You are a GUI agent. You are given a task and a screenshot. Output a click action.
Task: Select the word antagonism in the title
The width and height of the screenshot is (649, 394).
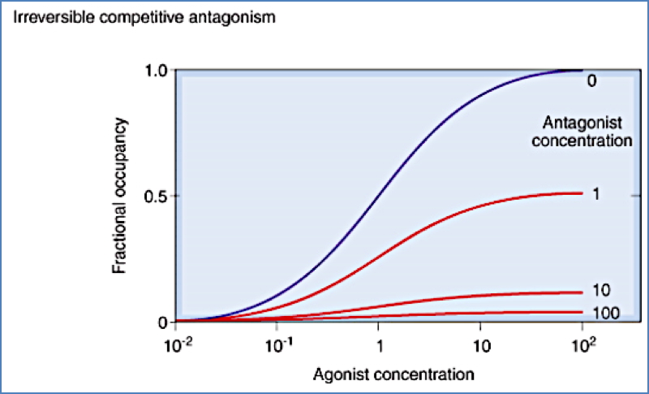tap(243, 17)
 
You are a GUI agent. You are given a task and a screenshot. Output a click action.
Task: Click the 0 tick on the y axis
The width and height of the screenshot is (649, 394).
tap(161, 322)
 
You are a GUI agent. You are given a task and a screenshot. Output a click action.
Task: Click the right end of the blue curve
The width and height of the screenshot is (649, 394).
tap(581, 71)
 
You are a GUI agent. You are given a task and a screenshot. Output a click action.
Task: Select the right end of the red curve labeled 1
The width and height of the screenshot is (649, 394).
tap(581, 193)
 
